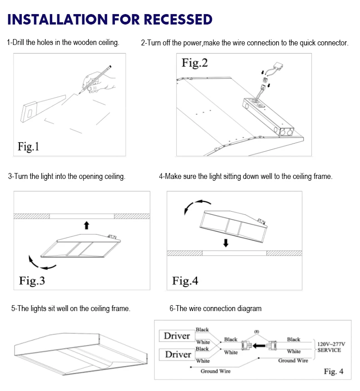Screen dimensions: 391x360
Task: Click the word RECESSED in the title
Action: coord(178,20)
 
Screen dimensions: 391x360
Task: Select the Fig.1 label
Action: coord(29,146)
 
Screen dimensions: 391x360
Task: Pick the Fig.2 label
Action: coord(195,63)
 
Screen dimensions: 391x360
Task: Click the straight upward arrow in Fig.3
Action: coord(87,225)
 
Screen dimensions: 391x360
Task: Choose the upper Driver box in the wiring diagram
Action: coord(177,336)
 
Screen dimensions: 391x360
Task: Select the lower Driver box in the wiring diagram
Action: coord(177,354)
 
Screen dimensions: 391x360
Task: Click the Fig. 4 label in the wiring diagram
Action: coord(333,372)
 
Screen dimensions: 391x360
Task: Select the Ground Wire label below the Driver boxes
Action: coord(215,371)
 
